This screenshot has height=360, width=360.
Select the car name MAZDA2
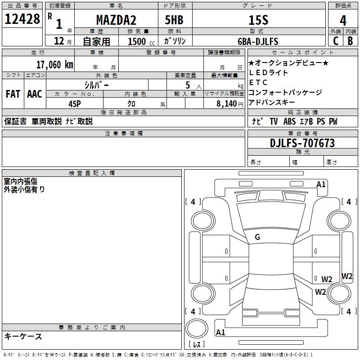click(x=116, y=20)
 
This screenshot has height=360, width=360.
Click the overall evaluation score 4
click(x=343, y=20)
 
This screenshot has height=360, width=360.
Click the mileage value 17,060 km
click(x=54, y=64)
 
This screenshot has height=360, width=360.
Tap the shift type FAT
click(x=13, y=94)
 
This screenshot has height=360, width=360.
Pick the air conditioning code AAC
click(x=35, y=94)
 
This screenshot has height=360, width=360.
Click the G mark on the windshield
click(x=257, y=237)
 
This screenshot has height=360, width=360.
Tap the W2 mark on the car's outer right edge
click(x=347, y=276)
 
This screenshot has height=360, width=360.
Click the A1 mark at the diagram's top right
click(x=321, y=184)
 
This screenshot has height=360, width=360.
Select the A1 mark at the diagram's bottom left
click(x=220, y=333)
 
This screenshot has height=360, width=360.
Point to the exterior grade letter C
click(x=336, y=41)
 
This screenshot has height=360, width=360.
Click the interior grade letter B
click(x=350, y=41)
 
